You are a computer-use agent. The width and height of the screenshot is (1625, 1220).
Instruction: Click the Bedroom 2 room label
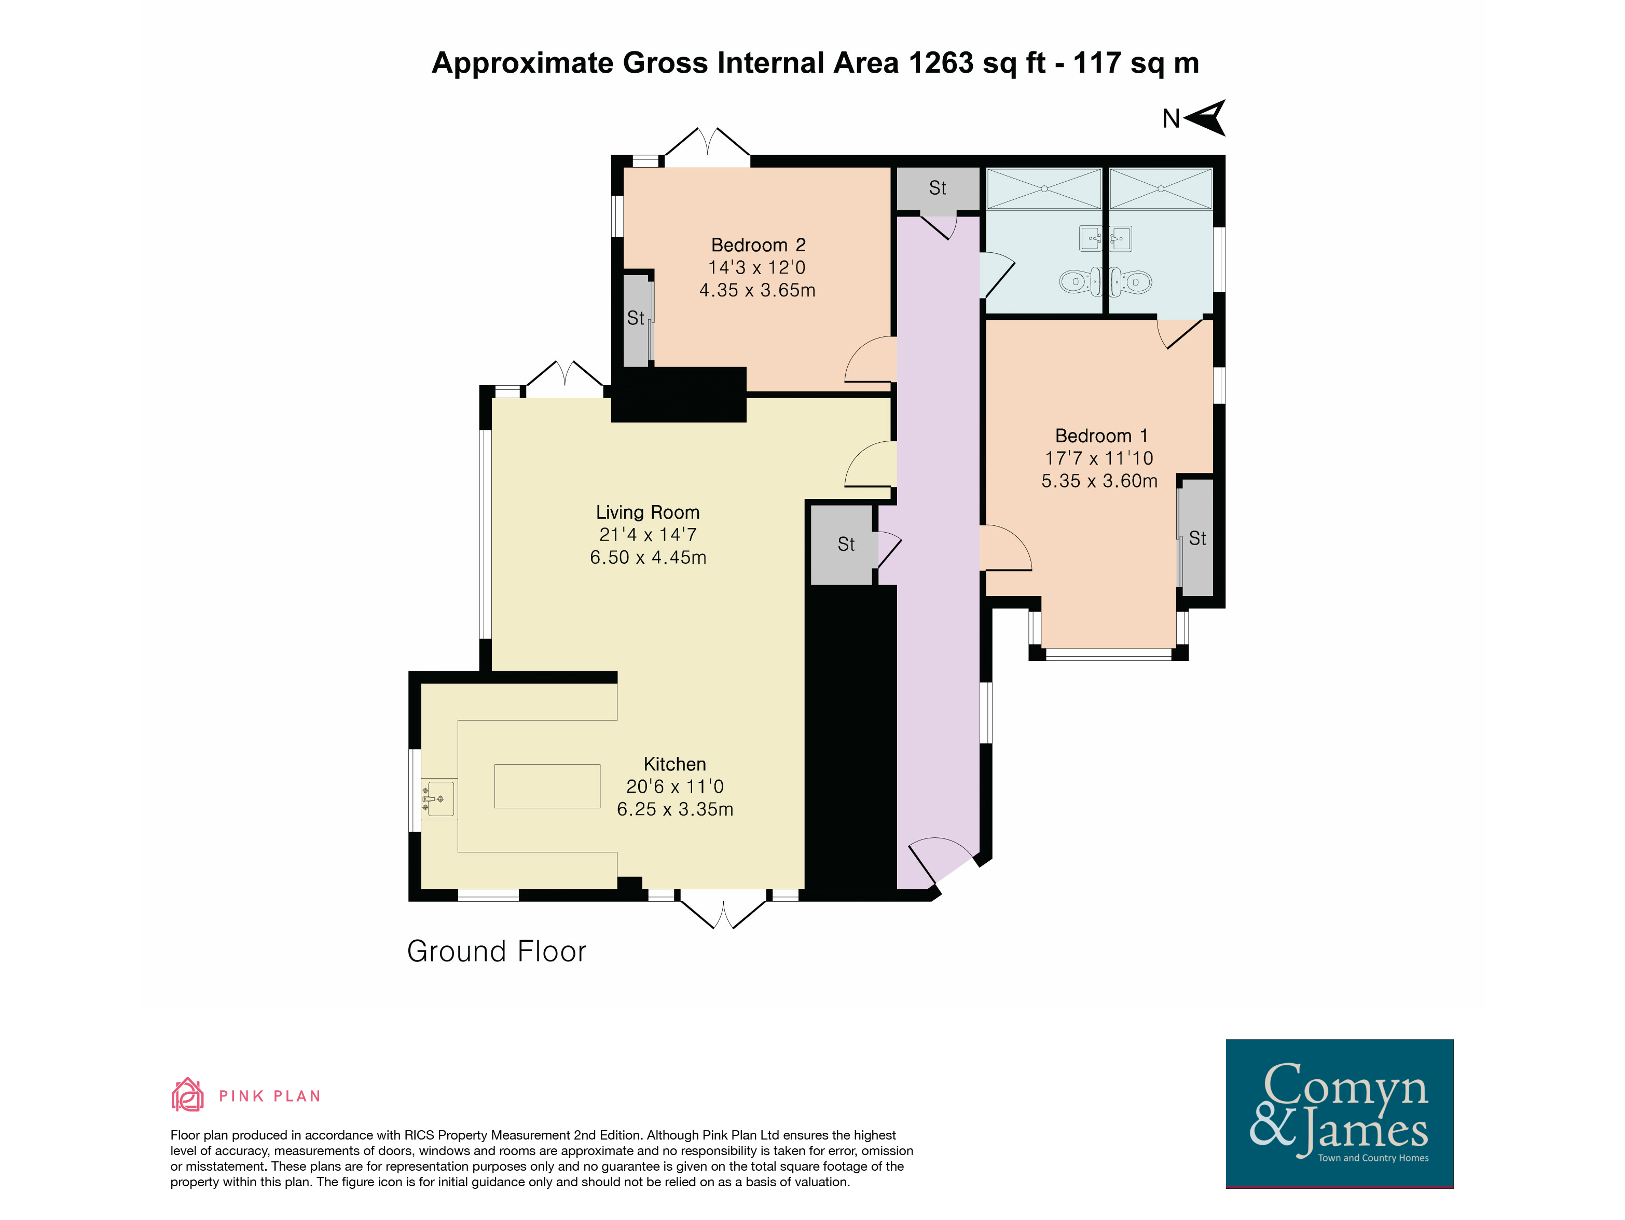click(x=758, y=245)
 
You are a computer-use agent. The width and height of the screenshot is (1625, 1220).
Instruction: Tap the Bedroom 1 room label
click(x=1101, y=436)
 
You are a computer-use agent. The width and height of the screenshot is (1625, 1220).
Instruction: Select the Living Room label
click(x=647, y=512)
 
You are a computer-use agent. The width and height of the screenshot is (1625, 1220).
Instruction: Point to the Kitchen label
click(x=674, y=764)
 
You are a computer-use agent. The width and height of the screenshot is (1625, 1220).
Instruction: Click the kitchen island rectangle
click(x=547, y=787)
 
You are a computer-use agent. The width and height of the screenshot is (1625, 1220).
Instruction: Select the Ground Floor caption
click(x=497, y=951)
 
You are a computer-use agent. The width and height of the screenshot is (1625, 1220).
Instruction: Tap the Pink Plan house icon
click(x=187, y=1094)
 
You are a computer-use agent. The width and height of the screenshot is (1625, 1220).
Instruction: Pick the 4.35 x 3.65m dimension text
click(x=758, y=290)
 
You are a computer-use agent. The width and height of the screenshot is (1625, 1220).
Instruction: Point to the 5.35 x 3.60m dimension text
click(x=1100, y=481)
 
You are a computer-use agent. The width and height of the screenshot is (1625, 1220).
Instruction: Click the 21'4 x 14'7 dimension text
click(x=648, y=535)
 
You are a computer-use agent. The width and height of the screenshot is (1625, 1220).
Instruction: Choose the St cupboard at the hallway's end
click(x=938, y=189)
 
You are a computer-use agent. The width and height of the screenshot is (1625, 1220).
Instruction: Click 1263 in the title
click(x=941, y=63)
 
